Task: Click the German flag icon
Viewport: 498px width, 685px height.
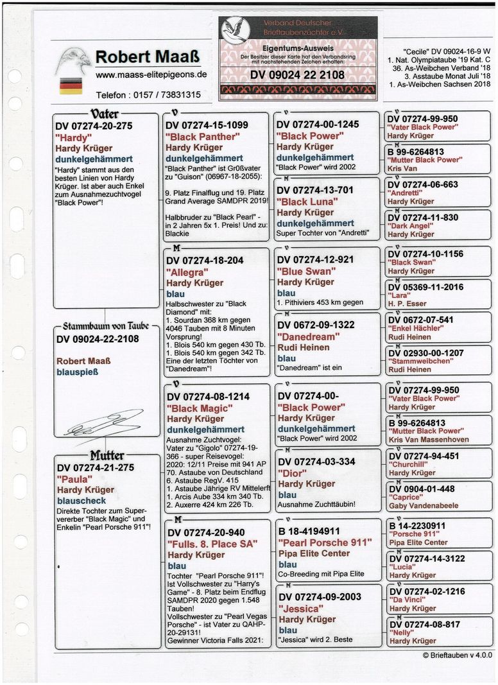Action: click(71, 85)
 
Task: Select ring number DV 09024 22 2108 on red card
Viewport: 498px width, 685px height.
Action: click(298, 75)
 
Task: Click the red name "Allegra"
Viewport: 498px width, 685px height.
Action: click(186, 271)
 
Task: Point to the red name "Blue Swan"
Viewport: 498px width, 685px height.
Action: click(306, 271)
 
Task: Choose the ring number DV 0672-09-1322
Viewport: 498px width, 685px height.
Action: click(316, 325)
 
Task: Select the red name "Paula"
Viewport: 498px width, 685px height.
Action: click(73, 479)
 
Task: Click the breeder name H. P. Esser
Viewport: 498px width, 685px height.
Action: click(407, 304)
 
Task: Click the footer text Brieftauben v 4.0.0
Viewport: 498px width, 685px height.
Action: click(457, 655)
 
